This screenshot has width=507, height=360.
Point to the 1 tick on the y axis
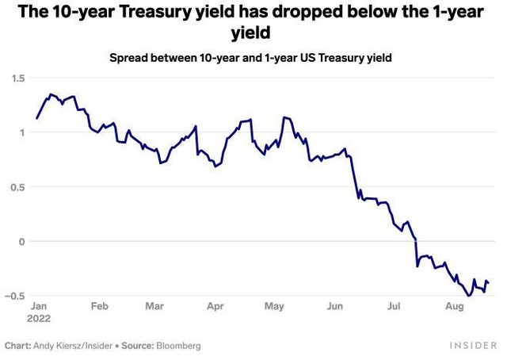click(x=22, y=132)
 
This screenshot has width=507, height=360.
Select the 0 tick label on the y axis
click(x=22, y=241)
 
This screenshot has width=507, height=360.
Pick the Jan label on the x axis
click(x=39, y=304)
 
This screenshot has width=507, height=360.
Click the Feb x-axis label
click(x=99, y=304)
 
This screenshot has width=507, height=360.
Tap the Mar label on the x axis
click(x=154, y=304)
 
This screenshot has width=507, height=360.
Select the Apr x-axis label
click(x=215, y=304)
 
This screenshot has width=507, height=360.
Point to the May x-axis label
click(x=274, y=304)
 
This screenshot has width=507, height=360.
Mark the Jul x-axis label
click(x=394, y=304)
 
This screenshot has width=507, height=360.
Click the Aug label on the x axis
click(x=455, y=304)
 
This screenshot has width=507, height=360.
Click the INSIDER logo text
click(x=473, y=347)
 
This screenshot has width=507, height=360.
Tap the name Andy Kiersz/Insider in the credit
click(x=71, y=347)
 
